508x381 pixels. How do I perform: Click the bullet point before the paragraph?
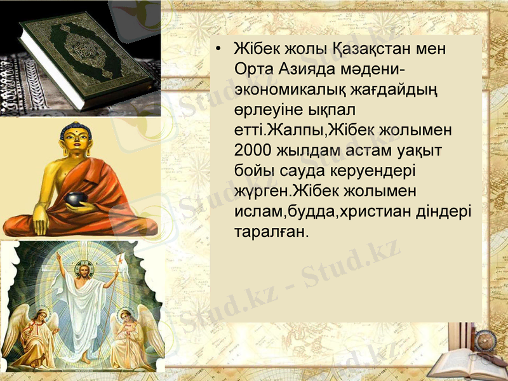coord(218,50)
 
